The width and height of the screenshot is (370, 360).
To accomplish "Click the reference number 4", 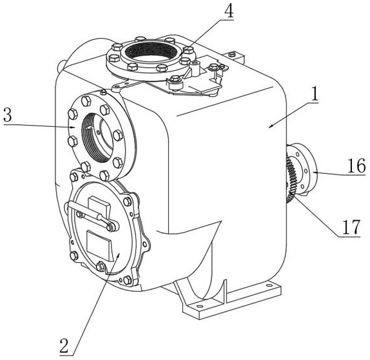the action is (x=229, y=12).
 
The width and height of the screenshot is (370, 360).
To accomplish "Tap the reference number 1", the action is (x=314, y=94).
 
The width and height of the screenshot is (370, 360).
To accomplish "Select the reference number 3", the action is (x=8, y=115).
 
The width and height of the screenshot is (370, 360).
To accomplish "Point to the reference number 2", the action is (x=64, y=345).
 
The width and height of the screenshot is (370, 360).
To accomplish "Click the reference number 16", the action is (x=356, y=166).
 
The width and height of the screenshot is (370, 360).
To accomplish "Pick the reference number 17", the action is (x=351, y=227).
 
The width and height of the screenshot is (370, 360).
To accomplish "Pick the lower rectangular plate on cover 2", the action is (x=99, y=245).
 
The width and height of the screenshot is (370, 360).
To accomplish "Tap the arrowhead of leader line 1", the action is (x=271, y=126).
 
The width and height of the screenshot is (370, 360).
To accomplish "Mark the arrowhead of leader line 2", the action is (x=118, y=254).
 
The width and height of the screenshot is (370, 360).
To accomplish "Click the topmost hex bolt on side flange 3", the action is (x=86, y=101).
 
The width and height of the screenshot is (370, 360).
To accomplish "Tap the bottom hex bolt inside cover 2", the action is (x=101, y=267).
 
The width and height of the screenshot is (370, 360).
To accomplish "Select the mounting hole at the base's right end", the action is (x=269, y=285).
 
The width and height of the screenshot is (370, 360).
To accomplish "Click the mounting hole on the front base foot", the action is (x=200, y=306).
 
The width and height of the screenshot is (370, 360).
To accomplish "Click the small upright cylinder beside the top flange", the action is (x=195, y=68).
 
